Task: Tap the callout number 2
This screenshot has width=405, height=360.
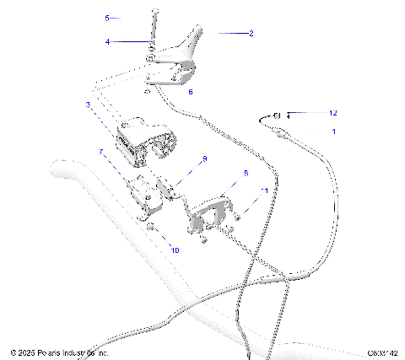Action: [x=251, y=34]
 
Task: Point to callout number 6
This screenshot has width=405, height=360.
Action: [x=190, y=91]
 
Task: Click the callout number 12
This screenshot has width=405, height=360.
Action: [x=310, y=112]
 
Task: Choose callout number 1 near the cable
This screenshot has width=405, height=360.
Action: [x=333, y=132]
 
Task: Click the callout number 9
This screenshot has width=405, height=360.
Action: [x=202, y=159]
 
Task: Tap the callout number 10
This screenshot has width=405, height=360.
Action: [x=175, y=250]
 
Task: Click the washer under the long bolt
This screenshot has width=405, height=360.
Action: [x=150, y=56]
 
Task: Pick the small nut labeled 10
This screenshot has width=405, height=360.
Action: [x=148, y=230]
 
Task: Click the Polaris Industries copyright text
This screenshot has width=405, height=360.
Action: [x=59, y=353]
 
